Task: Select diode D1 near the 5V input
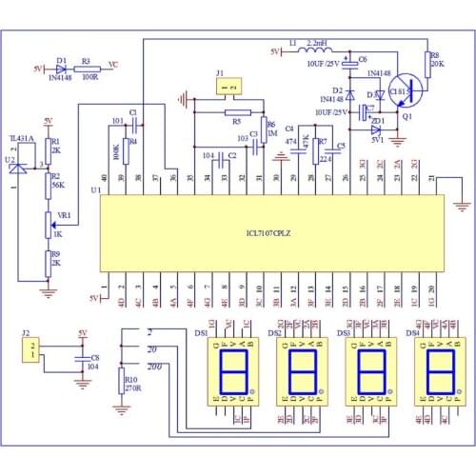pos(62,69)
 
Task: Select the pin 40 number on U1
pos(104,178)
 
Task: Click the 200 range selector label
pos(155,366)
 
